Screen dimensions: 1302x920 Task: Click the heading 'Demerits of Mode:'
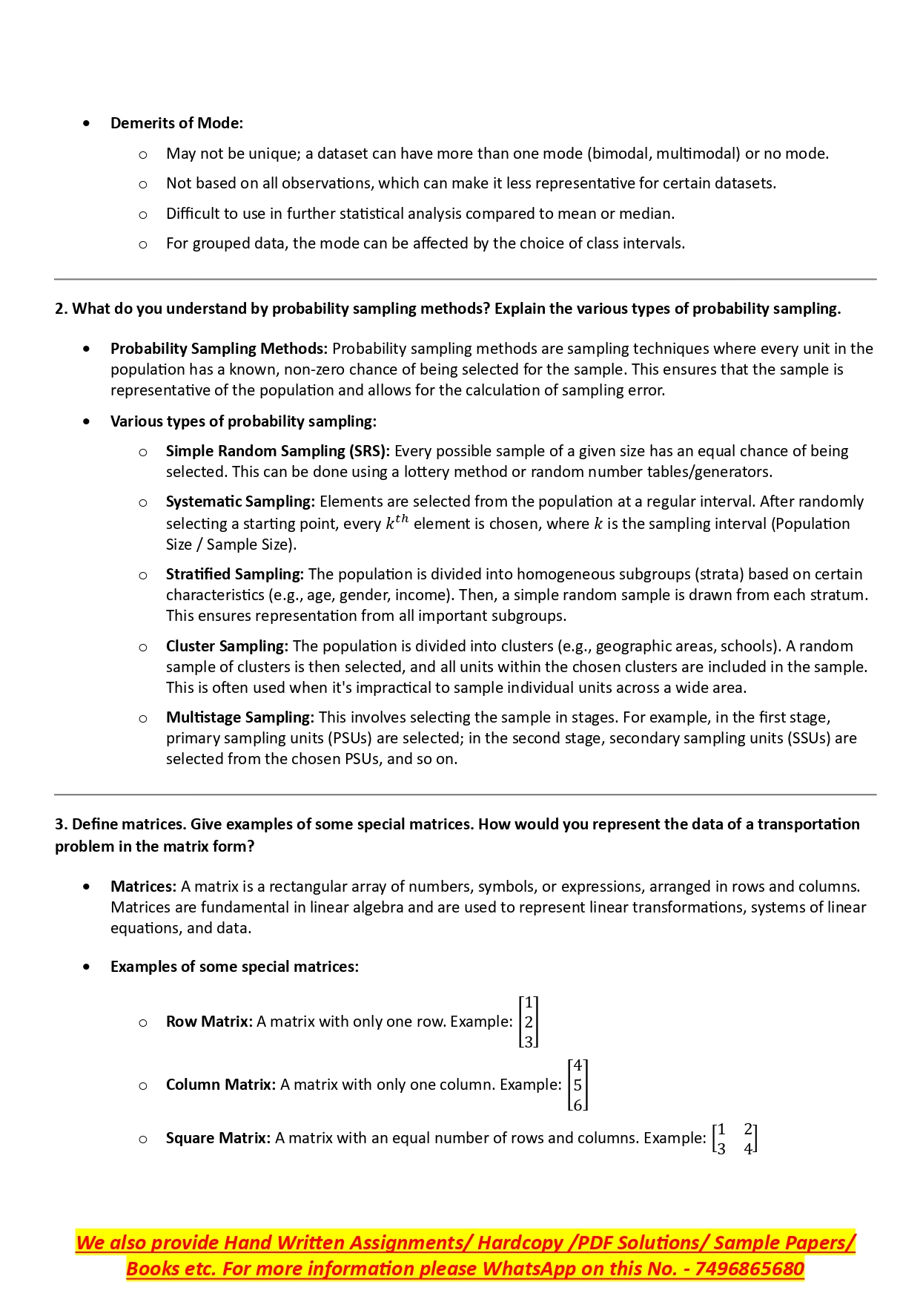coord(176,123)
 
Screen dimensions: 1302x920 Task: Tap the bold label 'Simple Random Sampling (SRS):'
coord(278,451)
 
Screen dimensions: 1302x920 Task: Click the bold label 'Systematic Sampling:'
coord(240,502)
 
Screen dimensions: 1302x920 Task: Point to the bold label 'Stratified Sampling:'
coord(235,574)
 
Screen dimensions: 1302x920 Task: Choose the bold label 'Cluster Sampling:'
coord(227,646)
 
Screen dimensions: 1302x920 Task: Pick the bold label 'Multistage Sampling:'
coord(240,717)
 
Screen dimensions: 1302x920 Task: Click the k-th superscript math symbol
coord(397,522)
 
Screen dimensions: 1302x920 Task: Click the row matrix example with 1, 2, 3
coord(529,1022)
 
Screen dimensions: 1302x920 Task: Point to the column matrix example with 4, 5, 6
coord(578,1085)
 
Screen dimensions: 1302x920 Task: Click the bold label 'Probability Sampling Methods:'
coord(219,349)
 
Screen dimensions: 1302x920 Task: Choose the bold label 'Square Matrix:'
coord(218,1138)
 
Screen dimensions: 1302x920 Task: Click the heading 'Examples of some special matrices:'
coord(234,967)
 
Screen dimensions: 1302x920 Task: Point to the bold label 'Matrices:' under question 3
coord(143,887)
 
